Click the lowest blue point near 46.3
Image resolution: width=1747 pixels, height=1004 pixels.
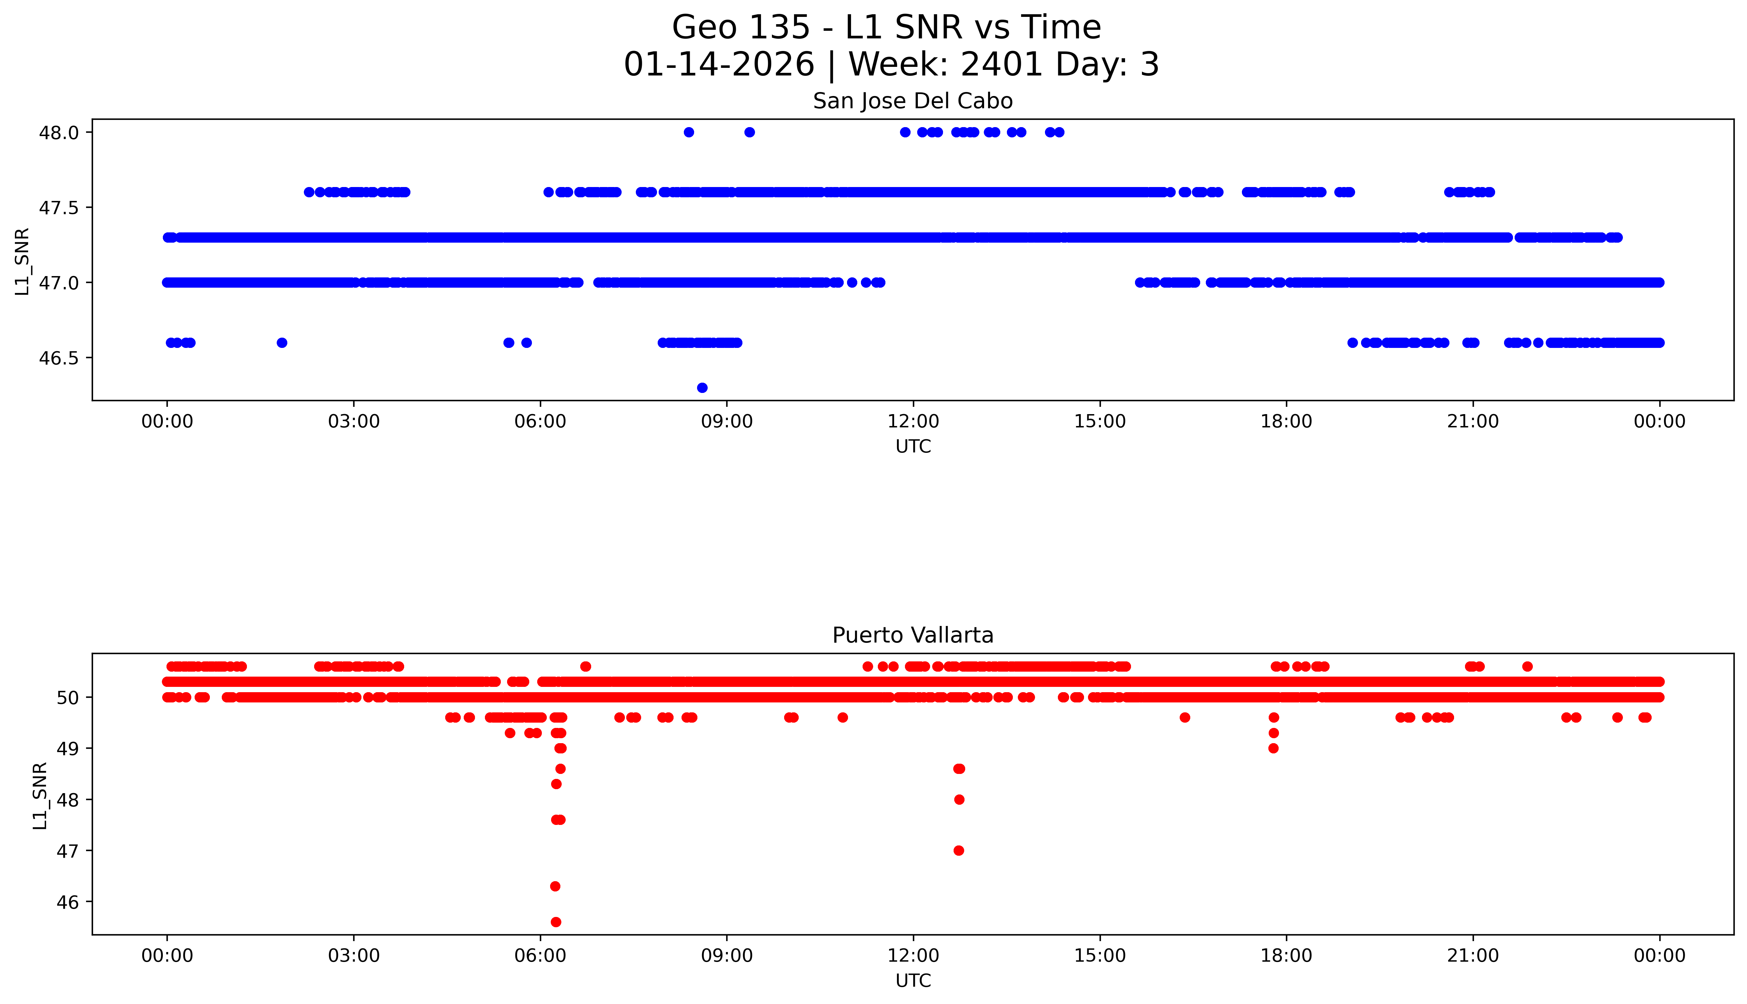pos(702,388)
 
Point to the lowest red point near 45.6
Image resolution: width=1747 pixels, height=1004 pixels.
pos(556,922)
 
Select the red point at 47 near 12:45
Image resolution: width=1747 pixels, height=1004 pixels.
pos(958,850)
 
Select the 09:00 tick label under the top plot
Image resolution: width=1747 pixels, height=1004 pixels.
pos(727,421)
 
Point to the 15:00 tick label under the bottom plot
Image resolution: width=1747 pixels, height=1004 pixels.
pos(1100,956)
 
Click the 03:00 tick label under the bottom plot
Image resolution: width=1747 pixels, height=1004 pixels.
pos(354,956)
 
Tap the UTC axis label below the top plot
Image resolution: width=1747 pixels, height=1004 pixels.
pos(913,447)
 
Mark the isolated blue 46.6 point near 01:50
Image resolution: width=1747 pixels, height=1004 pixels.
pos(281,343)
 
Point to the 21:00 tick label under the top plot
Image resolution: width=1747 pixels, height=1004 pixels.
pos(1473,421)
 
